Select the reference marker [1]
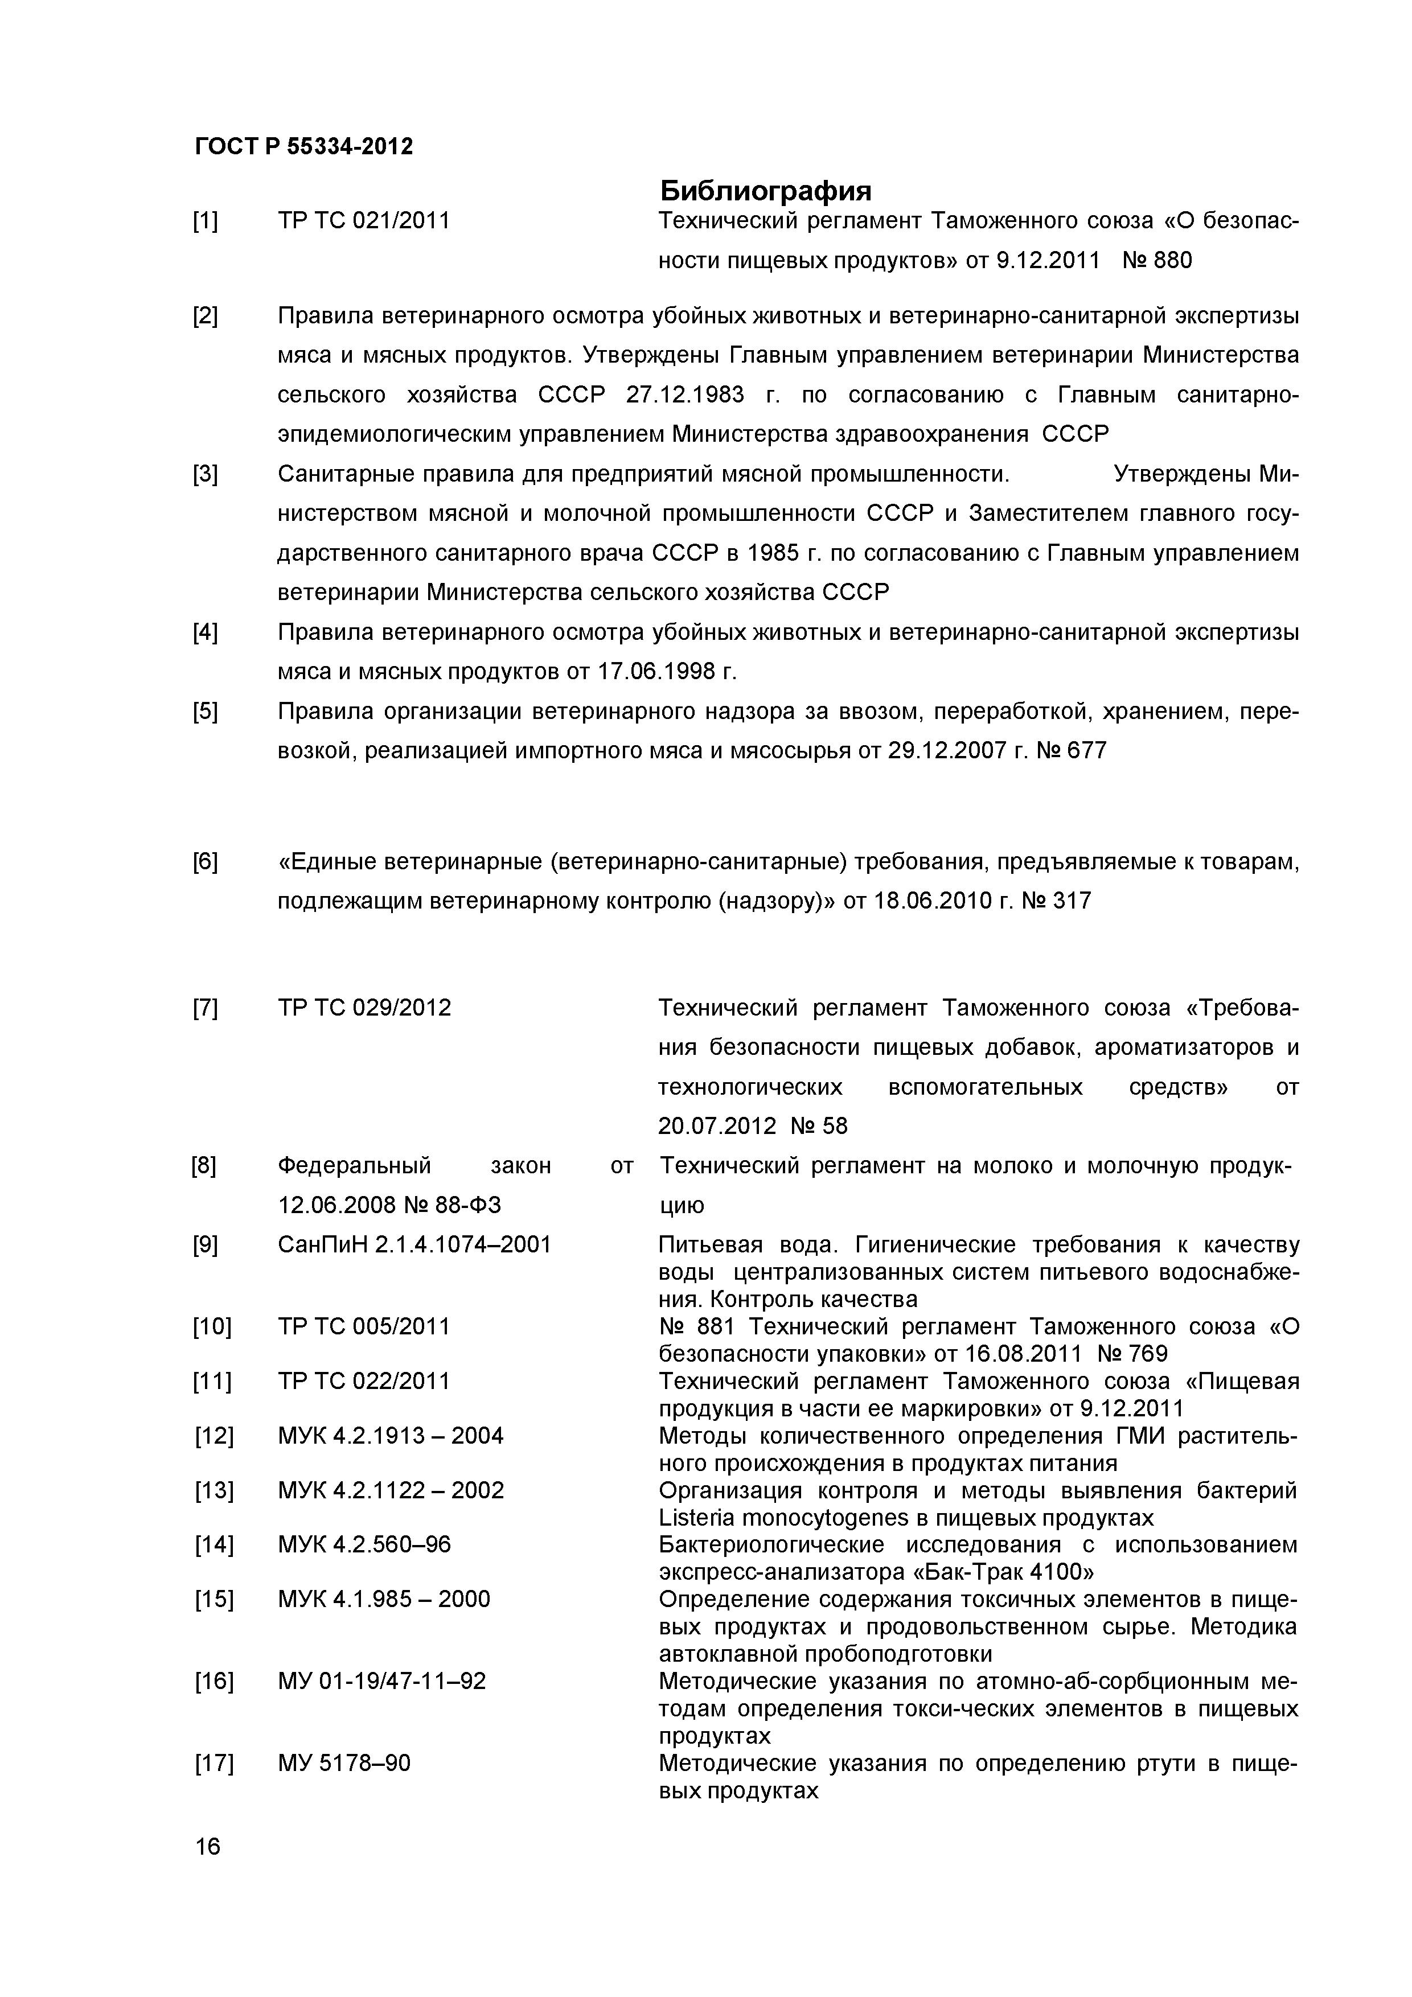pos(206,221)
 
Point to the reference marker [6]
pos(206,862)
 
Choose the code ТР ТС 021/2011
pos(364,221)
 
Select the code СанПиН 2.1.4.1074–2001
pos(414,1244)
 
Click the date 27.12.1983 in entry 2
pos(685,395)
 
